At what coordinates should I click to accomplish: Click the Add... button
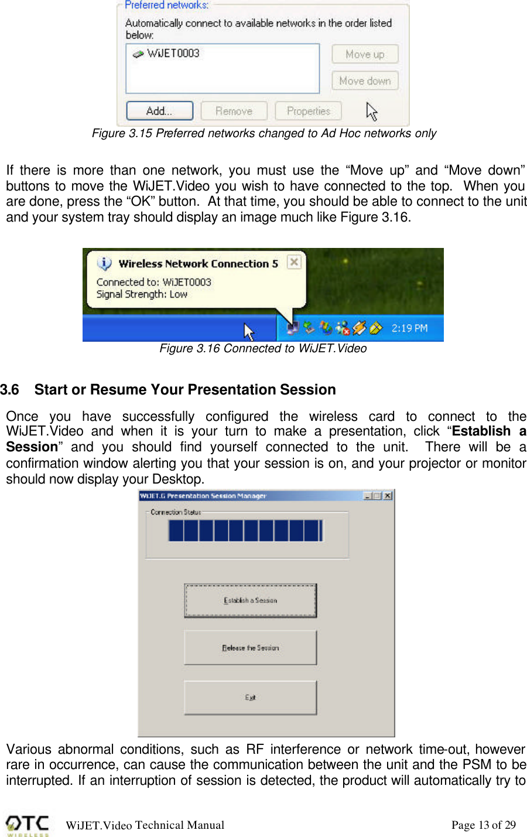[159, 111]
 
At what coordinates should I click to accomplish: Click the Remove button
[234, 111]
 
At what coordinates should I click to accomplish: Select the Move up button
[365, 55]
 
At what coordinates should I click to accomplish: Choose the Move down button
[365, 81]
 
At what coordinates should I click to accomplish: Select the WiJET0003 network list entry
[173, 53]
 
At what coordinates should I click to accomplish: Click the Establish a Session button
[250, 600]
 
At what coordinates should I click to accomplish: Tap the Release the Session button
[250, 648]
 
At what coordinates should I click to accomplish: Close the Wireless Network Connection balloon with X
[294, 262]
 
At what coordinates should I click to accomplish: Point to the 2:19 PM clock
[409, 328]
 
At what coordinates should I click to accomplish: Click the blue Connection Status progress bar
[245, 530]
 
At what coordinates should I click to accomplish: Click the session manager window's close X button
[388, 496]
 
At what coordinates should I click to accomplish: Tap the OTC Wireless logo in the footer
[28, 825]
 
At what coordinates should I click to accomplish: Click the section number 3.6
[10, 390]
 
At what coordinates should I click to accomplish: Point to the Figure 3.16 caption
[263, 349]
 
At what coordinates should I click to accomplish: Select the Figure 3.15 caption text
[264, 134]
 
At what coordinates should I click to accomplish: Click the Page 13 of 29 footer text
[484, 825]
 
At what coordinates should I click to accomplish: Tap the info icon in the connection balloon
[104, 264]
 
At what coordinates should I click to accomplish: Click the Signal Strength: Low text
[142, 294]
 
